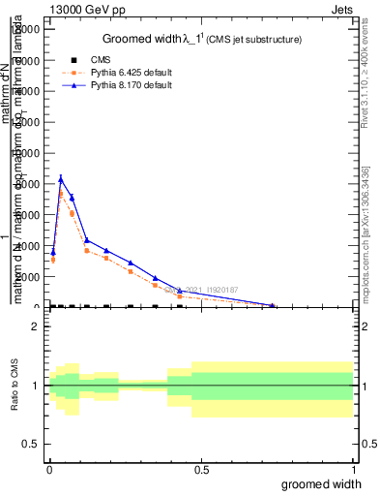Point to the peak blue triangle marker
tap(61, 178)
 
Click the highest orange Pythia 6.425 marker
tap(61, 194)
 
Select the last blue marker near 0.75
tap(273, 306)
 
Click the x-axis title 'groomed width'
tap(326, 483)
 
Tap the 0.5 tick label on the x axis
tap(200, 470)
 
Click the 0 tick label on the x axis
tap(49, 470)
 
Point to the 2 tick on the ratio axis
tap(36, 326)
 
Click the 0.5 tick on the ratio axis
tap(32, 444)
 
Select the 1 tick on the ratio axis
tap(36, 386)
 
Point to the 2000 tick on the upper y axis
tap(27, 277)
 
